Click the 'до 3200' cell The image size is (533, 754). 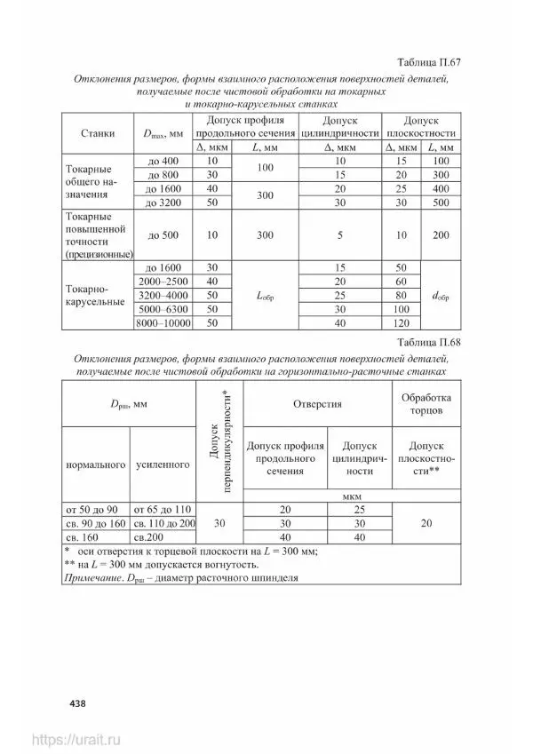162,202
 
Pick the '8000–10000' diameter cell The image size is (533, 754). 163,324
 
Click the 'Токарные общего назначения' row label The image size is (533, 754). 90,181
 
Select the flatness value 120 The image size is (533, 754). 401,324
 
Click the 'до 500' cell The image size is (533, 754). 163,234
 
